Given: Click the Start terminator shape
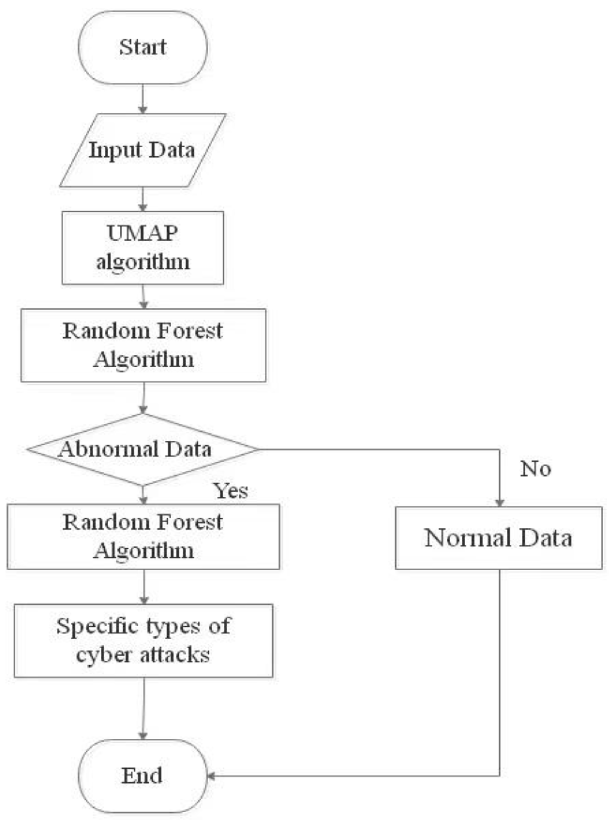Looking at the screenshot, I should pos(143,47).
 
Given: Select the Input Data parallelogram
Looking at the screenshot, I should pos(143,150).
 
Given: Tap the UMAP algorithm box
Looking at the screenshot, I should pos(143,248).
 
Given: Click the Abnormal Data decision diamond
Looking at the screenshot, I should pos(143,449).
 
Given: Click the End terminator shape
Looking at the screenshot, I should pos(143,776).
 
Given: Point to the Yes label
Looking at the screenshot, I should pos(230,490).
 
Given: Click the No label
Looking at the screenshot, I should pos(535,469).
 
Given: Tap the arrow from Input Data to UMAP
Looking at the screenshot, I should pos(143,199).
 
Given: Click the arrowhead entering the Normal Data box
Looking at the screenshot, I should pos(499,503).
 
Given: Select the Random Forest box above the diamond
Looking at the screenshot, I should pos(143,345).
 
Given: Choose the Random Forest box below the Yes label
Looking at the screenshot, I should pos(143,537).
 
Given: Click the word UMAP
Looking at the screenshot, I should pos(143,233).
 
